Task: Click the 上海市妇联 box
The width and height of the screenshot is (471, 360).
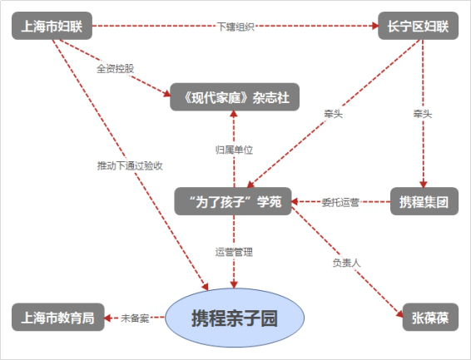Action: tap(52, 26)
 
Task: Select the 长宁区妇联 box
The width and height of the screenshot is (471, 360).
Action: tap(418, 26)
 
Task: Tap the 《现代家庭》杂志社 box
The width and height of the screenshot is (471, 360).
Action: tap(235, 97)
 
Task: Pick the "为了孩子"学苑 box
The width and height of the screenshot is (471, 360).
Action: tap(233, 201)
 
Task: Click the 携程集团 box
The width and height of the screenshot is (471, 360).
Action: tap(424, 201)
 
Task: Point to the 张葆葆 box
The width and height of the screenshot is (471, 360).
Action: tap(430, 317)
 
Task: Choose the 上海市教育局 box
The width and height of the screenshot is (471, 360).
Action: tap(58, 317)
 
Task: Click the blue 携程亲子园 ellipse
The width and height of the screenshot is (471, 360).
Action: tap(235, 318)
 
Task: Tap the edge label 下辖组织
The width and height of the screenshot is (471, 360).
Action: tap(235, 27)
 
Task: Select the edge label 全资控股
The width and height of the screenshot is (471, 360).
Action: tap(116, 69)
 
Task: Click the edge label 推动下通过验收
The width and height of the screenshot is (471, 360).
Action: tap(130, 165)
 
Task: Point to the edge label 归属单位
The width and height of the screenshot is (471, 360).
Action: tap(235, 150)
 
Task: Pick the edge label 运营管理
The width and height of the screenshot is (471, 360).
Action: tap(234, 252)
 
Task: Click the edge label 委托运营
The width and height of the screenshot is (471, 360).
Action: tap(340, 203)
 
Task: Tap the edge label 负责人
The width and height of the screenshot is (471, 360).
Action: tap(346, 263)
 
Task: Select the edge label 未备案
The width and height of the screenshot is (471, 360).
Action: tap(135, 318)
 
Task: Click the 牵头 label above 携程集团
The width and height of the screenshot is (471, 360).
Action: tap(423, 114)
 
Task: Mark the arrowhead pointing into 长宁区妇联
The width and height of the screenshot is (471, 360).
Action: tap(374, 26)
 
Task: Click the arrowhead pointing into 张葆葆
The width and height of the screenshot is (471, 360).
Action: tap(399, 313)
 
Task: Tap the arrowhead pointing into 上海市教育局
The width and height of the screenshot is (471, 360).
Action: tap(107, 318)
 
